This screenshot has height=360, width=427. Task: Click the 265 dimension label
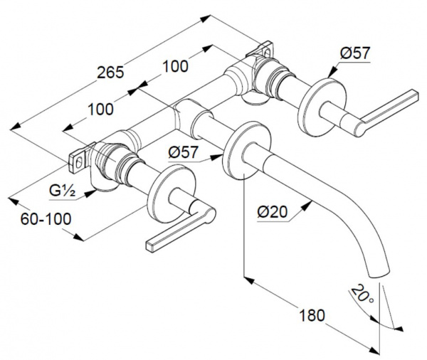[x=110, y=73]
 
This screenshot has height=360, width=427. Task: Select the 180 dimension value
[x=312, y=315]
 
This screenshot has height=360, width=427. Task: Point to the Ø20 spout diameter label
[x=272, y=211]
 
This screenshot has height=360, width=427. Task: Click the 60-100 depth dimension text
[x=46, y=218]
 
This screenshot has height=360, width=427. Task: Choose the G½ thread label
[x=62, y=191]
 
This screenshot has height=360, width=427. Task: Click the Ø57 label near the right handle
[x=355, y=53]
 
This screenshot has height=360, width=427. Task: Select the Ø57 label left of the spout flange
[x=183, y=152]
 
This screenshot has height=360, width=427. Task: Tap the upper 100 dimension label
[x=175, y=66]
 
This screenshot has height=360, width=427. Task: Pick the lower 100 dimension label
[x=100, y=110]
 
